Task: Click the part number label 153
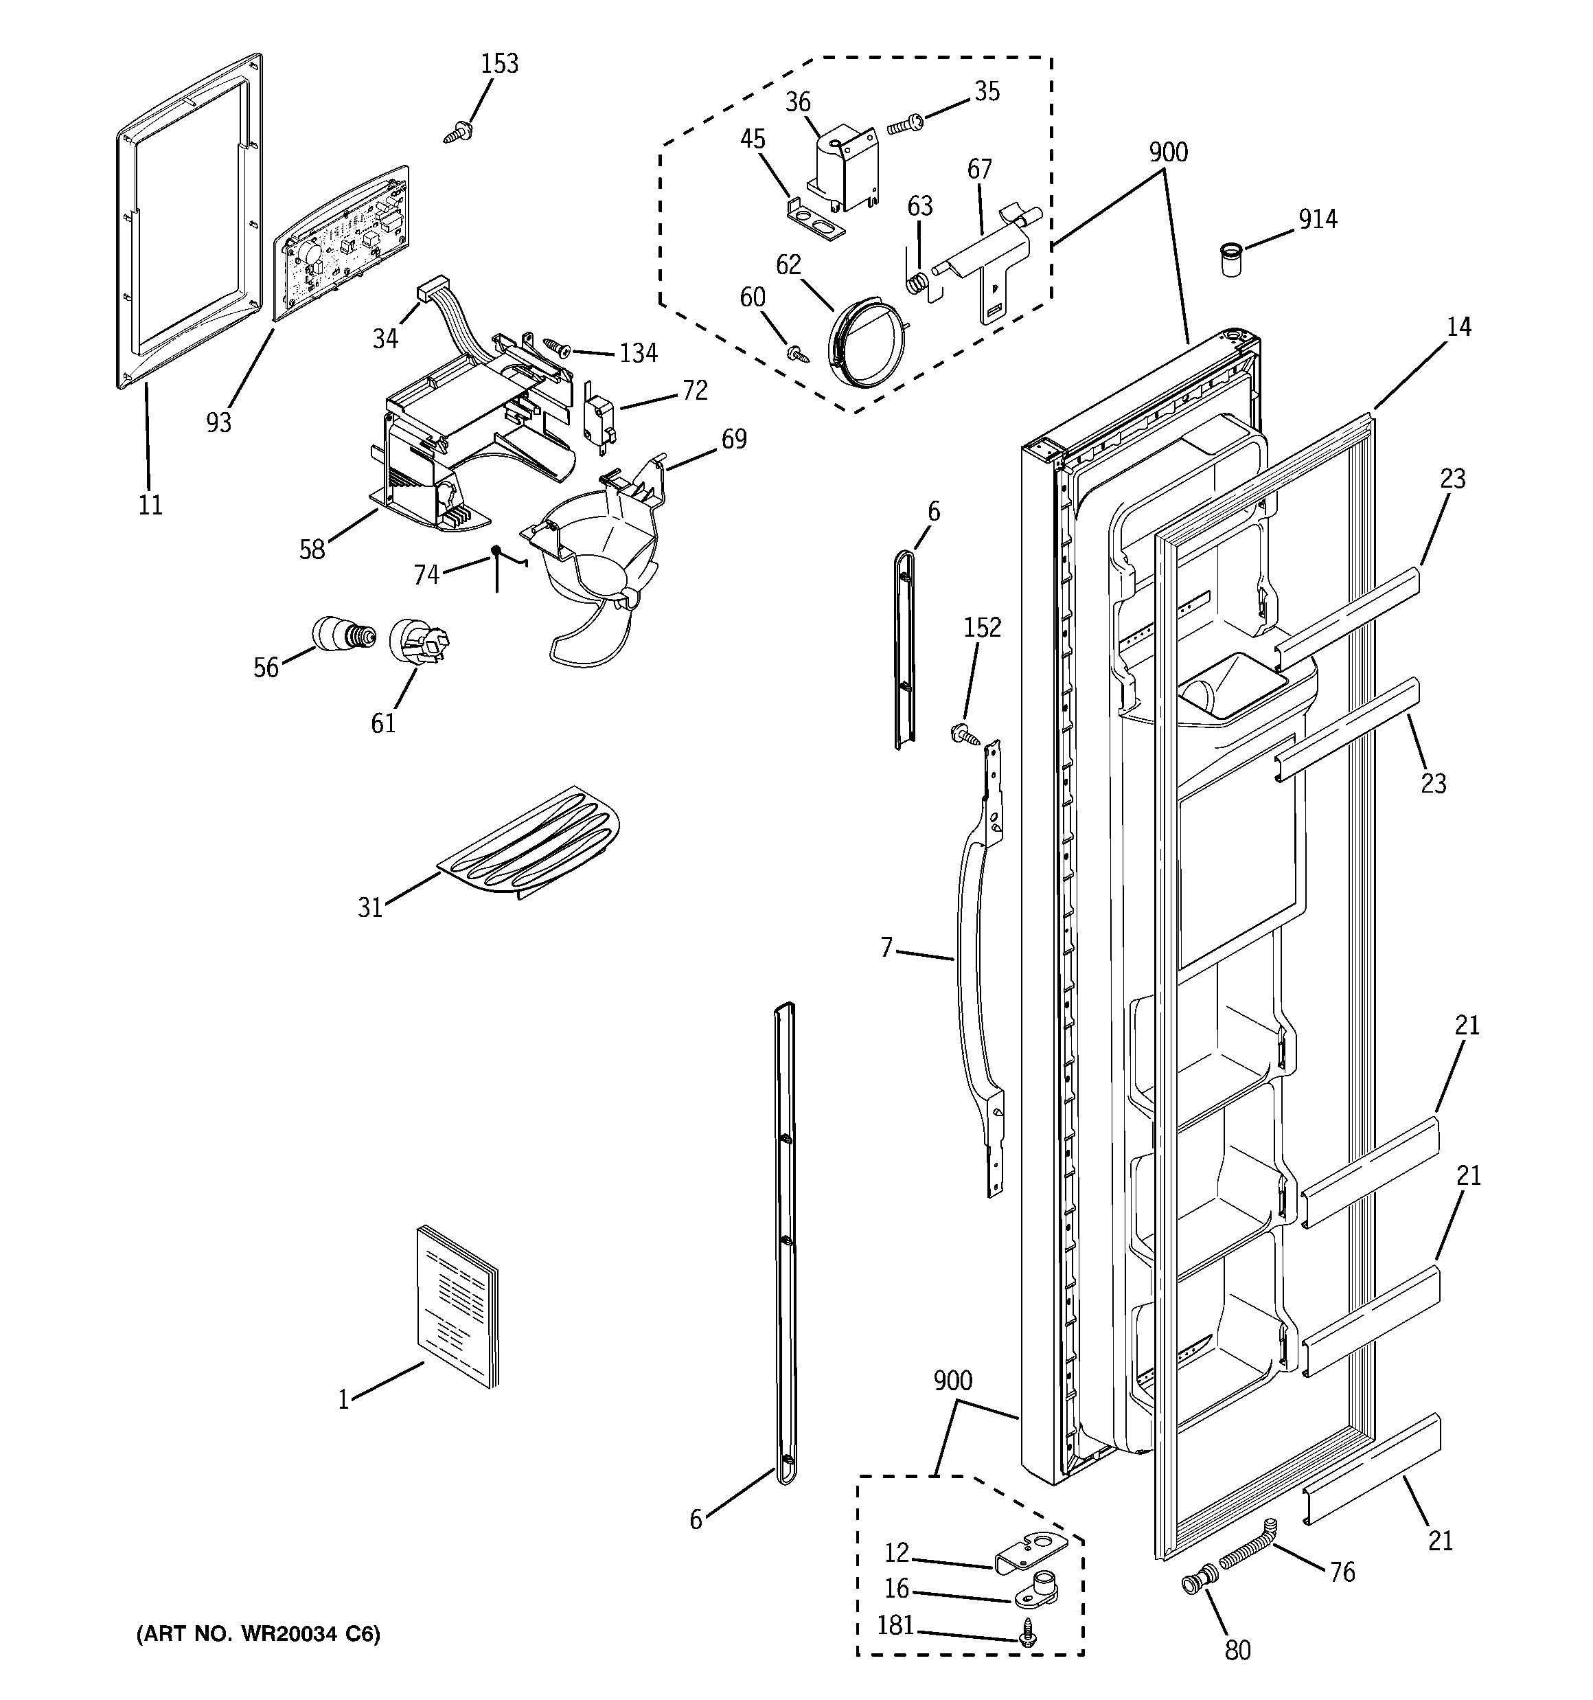499,64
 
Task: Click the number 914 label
1318,220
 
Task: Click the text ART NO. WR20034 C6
258,1634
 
